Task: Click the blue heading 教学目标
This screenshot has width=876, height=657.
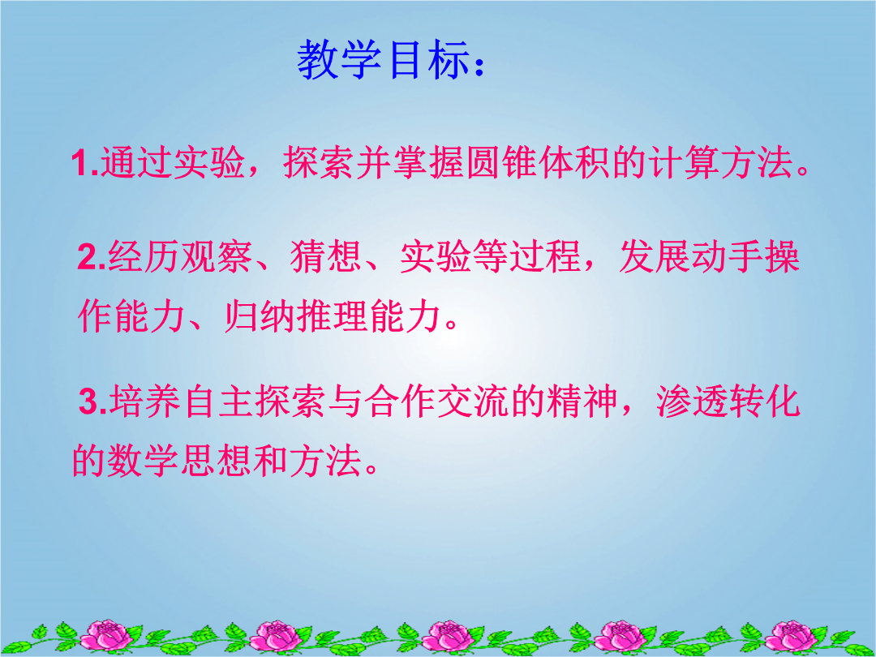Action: click(383, 60)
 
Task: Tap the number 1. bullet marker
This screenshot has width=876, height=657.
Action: click(85, 163)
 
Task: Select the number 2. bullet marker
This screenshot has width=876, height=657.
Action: click(92, 257)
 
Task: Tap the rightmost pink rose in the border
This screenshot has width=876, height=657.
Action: click(792, 636)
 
